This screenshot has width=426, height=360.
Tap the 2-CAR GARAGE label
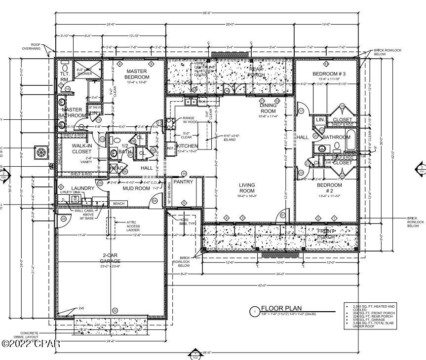(x=110, y=258)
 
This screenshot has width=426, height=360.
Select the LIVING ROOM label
(x=247, y=188)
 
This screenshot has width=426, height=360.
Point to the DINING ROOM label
(x=269, y=108)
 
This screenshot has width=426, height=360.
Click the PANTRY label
(x=184, y=182)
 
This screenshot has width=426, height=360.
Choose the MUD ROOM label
(x=136, y=188)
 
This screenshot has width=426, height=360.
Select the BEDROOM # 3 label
(x=327, y=74)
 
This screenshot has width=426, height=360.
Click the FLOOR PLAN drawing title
(x=281, y=308)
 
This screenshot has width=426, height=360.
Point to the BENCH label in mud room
(x=118, y=203)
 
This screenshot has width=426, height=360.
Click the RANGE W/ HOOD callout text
(x=188, y=121)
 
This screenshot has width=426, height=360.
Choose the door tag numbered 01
(x=283, y=215)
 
